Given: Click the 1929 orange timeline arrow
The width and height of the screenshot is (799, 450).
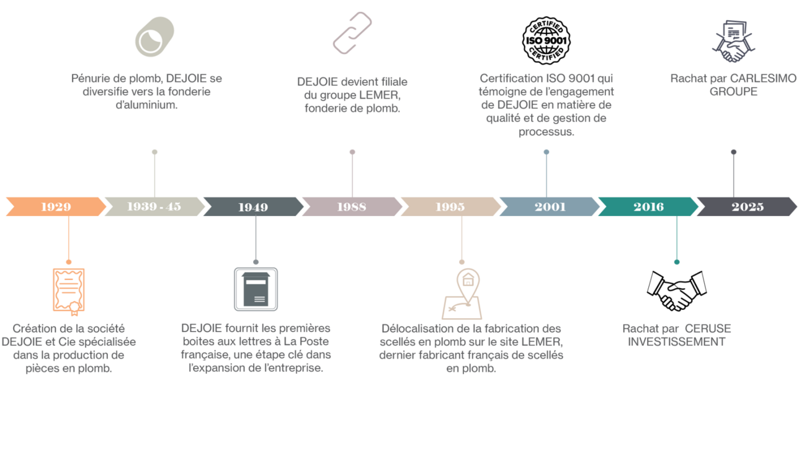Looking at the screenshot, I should point(56,207).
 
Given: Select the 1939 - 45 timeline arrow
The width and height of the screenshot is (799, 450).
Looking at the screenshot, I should point(154,207).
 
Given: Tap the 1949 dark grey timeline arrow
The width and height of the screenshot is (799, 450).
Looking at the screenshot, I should point(252,207).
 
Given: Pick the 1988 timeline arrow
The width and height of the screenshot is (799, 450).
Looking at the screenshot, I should point(352,207).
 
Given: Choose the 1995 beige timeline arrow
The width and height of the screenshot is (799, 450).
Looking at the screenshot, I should point(450,207).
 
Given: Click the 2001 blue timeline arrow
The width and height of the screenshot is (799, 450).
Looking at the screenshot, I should point(550,207).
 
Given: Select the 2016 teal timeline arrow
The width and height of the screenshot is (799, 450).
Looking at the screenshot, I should point(648,207).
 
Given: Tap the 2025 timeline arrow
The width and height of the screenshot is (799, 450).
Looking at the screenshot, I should point(747,207).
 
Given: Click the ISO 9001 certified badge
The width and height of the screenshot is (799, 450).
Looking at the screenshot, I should point(546,40).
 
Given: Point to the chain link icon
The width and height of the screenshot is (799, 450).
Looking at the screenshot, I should point(352,34).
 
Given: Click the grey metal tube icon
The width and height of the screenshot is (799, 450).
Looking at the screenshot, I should point(154,37).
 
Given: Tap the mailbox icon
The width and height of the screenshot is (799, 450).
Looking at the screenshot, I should point(256,289).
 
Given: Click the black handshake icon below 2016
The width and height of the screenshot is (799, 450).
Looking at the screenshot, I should point(676,290).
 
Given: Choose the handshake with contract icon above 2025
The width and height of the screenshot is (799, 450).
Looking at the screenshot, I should point(733,41).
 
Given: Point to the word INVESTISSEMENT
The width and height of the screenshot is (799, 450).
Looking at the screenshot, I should point(676,342).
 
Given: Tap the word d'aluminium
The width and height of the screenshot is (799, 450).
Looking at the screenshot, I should point(146,105).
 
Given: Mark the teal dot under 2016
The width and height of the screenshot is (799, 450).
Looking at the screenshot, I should point(677,262).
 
